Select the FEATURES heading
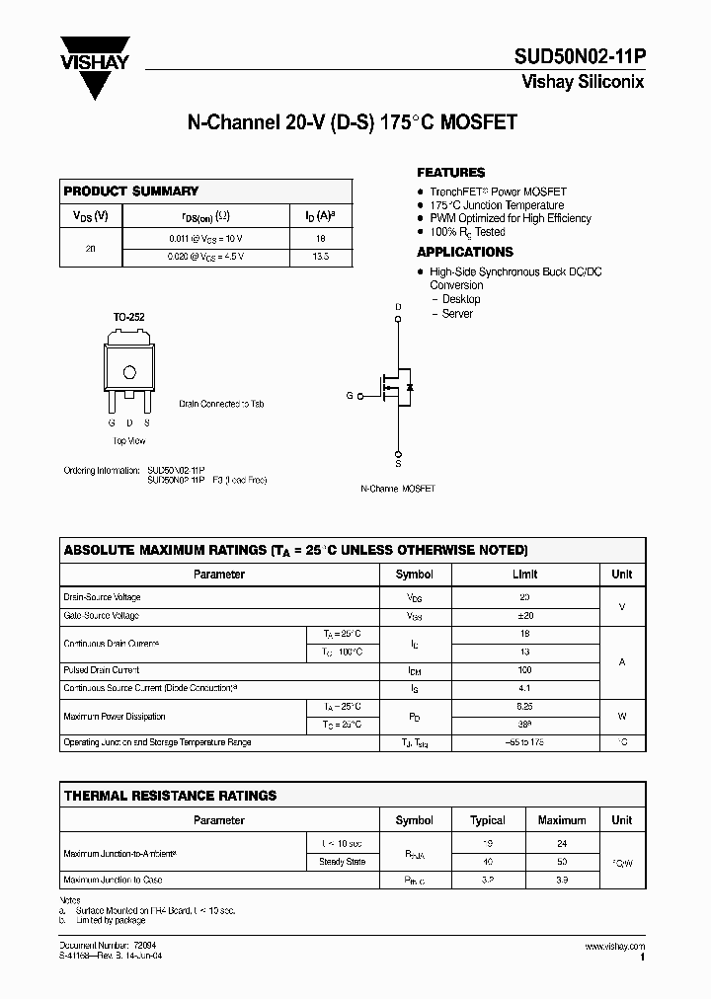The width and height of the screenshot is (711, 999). pyautogui.click(x=451, y=173)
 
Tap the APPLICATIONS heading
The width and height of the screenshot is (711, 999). pyautogui.click(x=465, y=253)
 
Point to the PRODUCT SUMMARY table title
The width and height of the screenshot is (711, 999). pyautogui.click(x=131, y=192)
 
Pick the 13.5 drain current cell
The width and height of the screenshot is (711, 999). pyautogui.click(x=320, y=257)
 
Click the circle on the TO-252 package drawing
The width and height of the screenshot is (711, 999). pyautogui.click(x=128, y=372)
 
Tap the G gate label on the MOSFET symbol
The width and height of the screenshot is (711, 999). pyautogui.click(x=349, y=395)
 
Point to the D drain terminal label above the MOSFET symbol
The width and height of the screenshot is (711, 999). pyautogui.click(x=399, y=307)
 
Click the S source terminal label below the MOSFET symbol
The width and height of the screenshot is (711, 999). pyautogui.click(x=399, y=463)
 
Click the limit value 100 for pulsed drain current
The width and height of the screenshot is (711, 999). pyautogui.click(x=525, y=670)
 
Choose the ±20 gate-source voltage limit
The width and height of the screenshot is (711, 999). pyautogui.click(x=525, y=615)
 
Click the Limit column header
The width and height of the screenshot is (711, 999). pyautogui.click(x=525, y=574)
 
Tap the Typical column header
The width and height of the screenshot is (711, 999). pyautogui.click(x=488, y=820)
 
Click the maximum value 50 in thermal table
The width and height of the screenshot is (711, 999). pyautogui.click(x=562, y=862)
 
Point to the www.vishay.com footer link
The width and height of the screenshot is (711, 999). pyautogui.click(x=614, y=947)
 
